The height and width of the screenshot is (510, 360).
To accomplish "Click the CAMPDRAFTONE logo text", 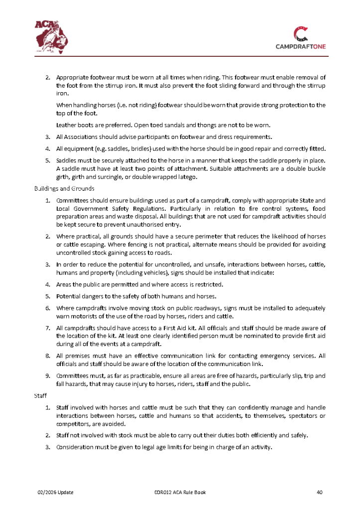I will pos(300,47).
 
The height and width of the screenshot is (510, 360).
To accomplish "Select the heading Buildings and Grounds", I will pos(61,189).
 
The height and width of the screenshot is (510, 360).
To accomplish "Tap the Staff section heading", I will pos(40,395).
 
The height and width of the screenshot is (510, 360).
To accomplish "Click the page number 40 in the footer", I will pos(320,493).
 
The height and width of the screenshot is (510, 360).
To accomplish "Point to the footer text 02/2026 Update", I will pos(56,493).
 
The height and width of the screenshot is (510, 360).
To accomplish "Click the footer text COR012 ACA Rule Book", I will pos(180,493).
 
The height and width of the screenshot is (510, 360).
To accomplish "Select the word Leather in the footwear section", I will pos(65,125).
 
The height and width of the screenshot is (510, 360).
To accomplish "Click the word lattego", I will pos(189,177).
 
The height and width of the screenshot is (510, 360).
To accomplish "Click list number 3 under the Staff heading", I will pos(48,447).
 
